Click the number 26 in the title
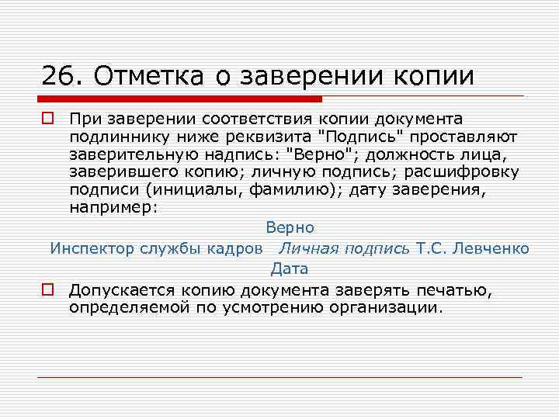57,75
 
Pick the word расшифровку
464,171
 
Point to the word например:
113,207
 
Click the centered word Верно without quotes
290,228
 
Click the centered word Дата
290,269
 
